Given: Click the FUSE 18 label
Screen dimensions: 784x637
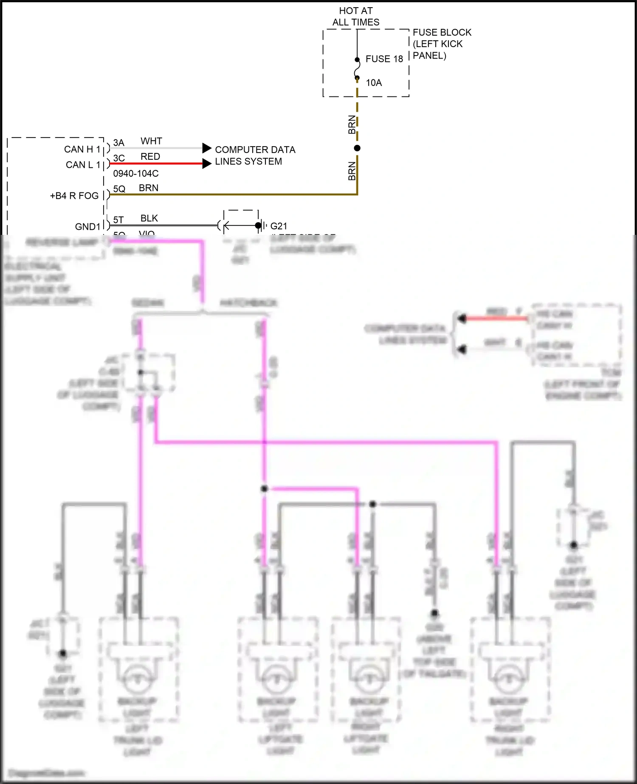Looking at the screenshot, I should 384,59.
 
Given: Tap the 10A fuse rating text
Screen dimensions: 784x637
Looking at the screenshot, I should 374,83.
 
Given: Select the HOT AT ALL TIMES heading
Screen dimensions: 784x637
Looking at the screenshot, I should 356,17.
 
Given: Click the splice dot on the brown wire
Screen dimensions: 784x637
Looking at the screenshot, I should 357,148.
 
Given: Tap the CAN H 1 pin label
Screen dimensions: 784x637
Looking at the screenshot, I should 82,149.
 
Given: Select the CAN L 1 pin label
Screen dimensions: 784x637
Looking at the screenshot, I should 83,165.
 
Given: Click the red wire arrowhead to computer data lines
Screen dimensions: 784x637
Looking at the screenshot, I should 207,164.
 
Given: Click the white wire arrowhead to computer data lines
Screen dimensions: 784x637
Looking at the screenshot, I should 207,148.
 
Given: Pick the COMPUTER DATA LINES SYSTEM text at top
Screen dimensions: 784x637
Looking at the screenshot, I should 255,155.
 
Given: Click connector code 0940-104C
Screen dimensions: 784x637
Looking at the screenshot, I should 136,174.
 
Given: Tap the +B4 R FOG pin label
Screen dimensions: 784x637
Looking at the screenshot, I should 74,196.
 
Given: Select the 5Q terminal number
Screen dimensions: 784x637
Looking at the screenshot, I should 119,189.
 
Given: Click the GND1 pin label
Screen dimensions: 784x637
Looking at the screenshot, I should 87,227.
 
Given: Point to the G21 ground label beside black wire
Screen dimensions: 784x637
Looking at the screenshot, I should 279,226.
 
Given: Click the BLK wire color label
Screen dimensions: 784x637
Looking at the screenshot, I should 149,218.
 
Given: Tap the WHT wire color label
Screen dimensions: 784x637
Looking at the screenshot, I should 151,141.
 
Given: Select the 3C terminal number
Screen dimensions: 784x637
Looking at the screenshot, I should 119,158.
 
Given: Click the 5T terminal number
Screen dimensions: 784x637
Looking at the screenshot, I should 118,220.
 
